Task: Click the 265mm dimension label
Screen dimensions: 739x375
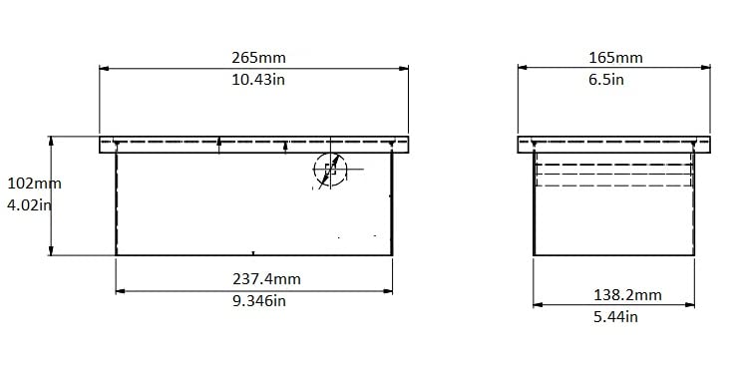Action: point(258,58)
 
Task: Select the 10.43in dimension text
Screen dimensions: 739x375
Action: point(257,80)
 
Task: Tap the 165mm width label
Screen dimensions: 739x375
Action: point(615,58)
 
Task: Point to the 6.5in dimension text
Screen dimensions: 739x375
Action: point(606,80)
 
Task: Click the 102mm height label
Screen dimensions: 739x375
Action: point(34,184)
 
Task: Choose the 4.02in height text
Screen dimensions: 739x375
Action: point(29,205)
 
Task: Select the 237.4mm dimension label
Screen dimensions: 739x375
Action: point(266,279)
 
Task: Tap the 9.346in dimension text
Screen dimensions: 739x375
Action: point(259,300)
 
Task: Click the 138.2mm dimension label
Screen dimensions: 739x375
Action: point(627,295)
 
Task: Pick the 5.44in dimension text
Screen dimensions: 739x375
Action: point(615,316)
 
